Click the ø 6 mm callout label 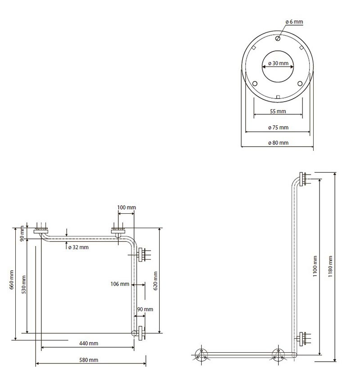[x=294, y=22]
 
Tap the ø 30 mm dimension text [x=278, y=63]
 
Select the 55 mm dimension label [x=278, y=111]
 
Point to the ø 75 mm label [x=278, y=127]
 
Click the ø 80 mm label [x=278, y=143]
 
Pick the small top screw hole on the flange [x=278, y=39]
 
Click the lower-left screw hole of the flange [x=255, y=84]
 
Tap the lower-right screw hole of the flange [x=300, y=84]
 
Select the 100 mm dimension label [x=126, y=207]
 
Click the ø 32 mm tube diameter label [x=78, y=247]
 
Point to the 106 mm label [x=120, y=284]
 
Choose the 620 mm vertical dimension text [x=155, y=281]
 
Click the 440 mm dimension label [x=89, y=343]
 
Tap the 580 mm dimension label [x=89, y=360]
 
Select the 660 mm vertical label [x=12, y=279]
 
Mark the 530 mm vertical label [x=24, y=284]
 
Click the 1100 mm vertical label [x=315, y=266]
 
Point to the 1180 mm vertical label [x=330, y=266]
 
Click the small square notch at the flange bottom [x=278, y=97]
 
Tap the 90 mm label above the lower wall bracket [x=145, y=310]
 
